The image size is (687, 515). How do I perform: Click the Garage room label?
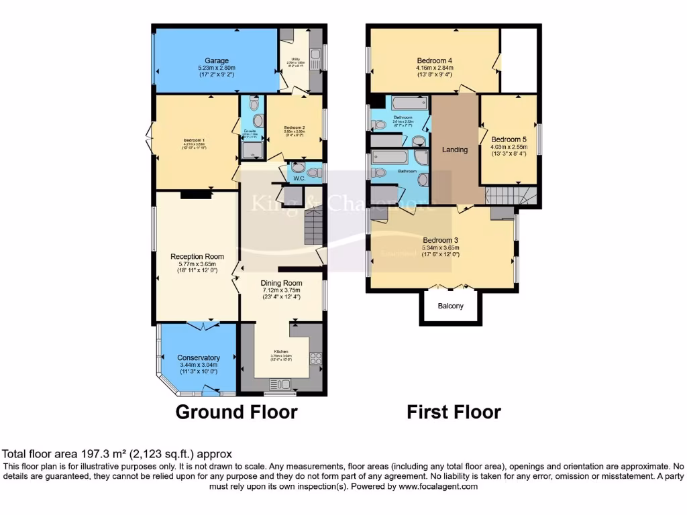click(x=217, y=60)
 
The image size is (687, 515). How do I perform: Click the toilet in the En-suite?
click(x=253, y=104)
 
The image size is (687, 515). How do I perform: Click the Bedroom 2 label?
click(x=295, y=127)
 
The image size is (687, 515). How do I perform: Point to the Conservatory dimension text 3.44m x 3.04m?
click(x=198, y=366)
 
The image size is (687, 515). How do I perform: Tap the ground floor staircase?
click(x=314, y=227)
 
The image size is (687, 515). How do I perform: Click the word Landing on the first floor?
click(x=454, y=150)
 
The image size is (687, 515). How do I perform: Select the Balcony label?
click(x=450, y=306)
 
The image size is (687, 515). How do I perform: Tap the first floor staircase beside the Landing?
click(x=509, y=196)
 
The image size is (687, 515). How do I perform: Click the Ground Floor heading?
click(x=236, y=411)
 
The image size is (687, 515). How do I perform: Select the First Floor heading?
click(x=454, y=411)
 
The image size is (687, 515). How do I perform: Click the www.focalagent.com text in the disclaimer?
click(x=438, y=487)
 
